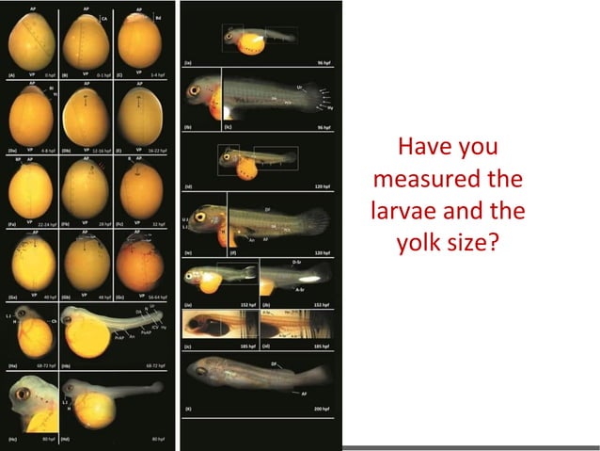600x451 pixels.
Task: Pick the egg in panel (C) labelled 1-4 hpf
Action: click(138, 42)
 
